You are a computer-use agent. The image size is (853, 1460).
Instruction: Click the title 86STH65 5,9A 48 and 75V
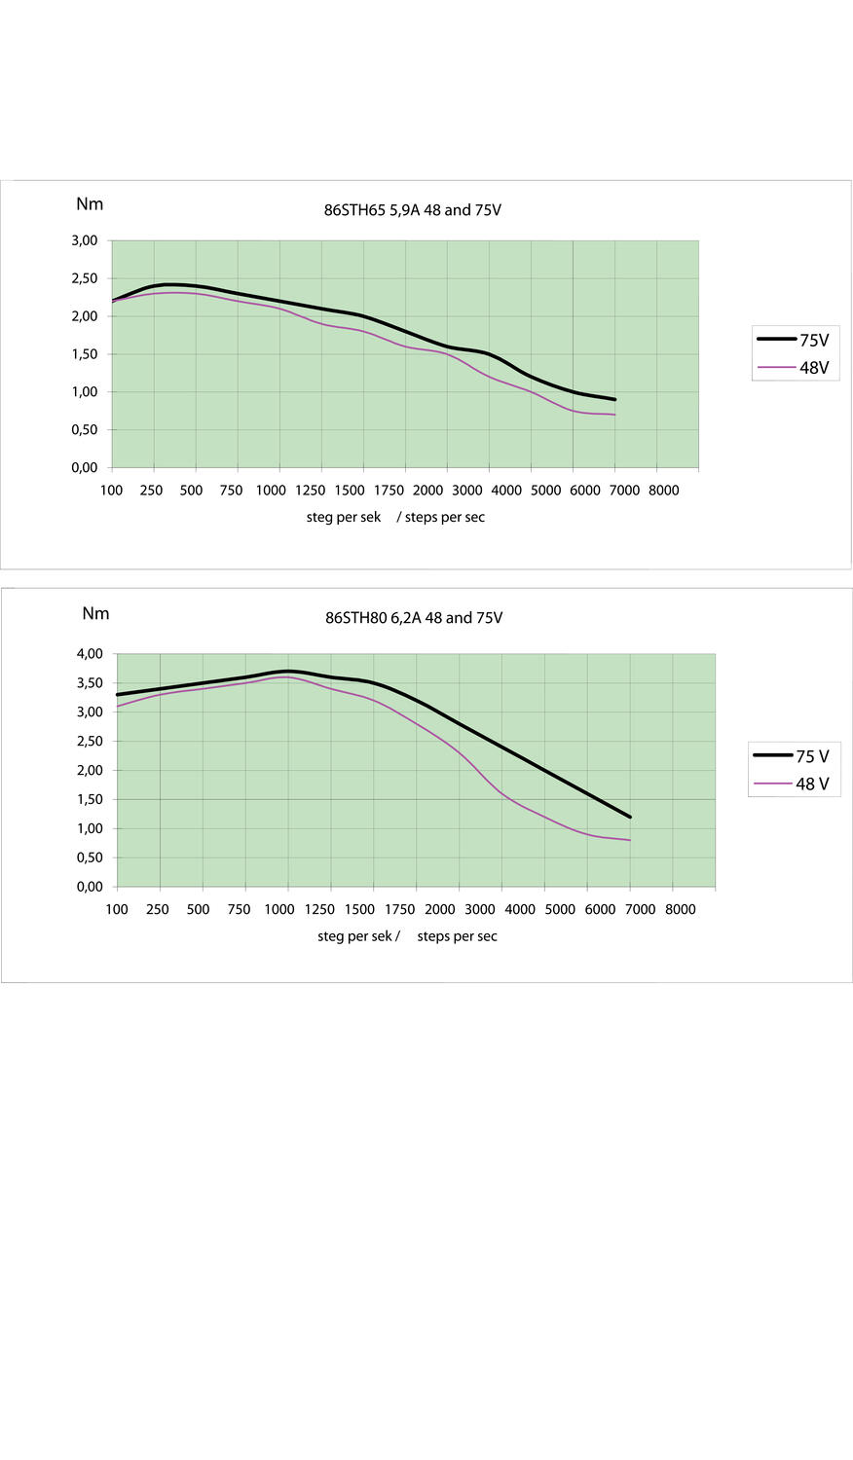point(412,210)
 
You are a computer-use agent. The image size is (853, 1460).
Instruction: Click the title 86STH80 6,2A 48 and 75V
point(414,618)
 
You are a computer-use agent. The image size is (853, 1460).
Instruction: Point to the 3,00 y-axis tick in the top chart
point(85,240)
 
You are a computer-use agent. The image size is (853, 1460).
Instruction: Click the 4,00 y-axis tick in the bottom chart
point(89,654)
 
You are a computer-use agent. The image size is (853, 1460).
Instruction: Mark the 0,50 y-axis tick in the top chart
point(85,430)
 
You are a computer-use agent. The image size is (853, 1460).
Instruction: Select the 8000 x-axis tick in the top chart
point(663,491)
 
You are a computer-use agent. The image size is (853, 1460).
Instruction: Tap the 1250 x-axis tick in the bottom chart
point(319,909)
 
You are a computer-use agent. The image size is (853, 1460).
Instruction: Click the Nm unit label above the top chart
point(90,204)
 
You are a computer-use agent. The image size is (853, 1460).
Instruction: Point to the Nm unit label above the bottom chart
point(95,613)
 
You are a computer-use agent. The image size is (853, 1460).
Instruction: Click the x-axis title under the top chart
point(395,517)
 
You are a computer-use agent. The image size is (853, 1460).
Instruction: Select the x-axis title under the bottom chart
point(407,936)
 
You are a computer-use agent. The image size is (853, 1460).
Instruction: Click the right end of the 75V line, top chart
point(614,399)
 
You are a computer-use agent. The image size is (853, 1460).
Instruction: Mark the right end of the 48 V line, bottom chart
point(630,840)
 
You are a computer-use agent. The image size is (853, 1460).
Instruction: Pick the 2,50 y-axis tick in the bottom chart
point(89,742)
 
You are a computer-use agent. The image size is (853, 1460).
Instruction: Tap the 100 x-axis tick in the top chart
point(111,491)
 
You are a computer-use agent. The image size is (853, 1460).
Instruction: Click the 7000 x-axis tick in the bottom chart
point(640,909)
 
